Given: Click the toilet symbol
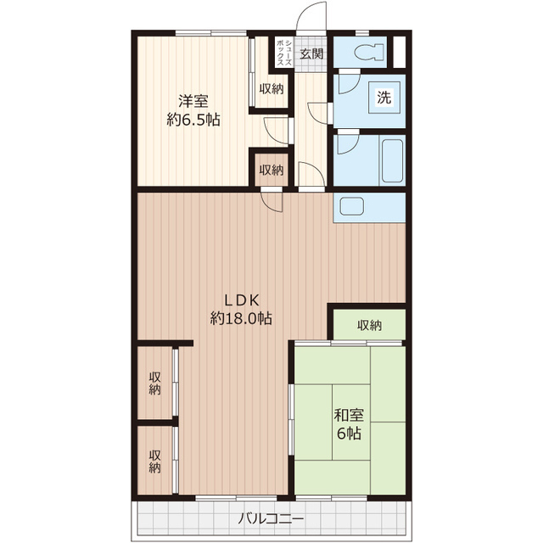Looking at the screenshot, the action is (x=369, y=52).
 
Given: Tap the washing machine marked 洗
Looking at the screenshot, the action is (x=384, y=97).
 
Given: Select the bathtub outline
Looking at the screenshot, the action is (x=392, y=160).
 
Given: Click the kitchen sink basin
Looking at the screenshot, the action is (x=352, y=206).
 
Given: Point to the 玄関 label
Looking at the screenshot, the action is (x=311, y=53).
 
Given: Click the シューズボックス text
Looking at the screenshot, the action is (x=284, y=53).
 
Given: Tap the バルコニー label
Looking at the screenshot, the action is (x=271, y=518).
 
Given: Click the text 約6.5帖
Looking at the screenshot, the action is (x=193, y=120).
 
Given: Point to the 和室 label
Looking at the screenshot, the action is (x=349, y=415).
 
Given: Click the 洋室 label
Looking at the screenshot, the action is (x=193, y=101).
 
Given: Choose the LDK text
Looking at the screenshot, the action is (x=242, y=300).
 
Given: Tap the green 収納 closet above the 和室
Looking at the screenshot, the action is (x=369, y=325).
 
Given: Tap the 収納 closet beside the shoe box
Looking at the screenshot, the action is (x=271, y=89).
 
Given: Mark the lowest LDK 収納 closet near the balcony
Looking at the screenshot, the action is (x=154, y=460).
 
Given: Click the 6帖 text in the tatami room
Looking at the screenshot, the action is (x=349, y=434).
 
